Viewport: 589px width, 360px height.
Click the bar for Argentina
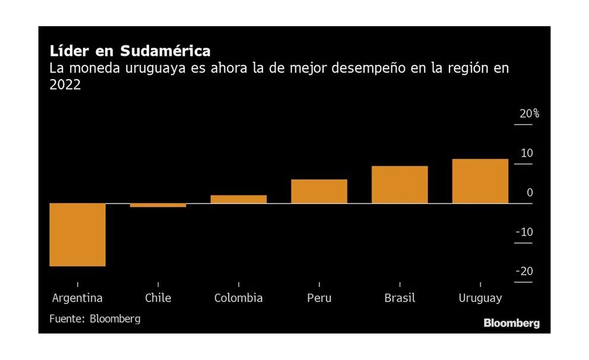point(77,235)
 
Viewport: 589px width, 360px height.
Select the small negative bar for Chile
point(158,206)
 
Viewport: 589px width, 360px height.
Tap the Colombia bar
point(239,200)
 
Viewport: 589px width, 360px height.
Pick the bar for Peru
point(319,191)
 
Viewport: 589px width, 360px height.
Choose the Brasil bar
point(400,185)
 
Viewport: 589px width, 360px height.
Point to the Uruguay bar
point(480,181)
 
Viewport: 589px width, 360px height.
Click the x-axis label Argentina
point(77,298)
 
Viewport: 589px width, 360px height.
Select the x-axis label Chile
point(158,298)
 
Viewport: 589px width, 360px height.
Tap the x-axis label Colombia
point(239,298)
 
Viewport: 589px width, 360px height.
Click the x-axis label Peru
point(319,298)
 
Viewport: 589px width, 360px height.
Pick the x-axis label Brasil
point(400,298)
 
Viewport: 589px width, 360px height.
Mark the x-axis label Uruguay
point(480,298)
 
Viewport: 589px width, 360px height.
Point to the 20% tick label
point(529,113)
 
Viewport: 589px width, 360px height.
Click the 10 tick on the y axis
point(527,153)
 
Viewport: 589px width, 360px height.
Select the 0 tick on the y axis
point(530,192)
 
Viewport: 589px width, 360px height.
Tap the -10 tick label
point(524,232)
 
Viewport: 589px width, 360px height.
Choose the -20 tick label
point(524,271)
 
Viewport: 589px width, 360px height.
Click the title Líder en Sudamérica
point(129,50)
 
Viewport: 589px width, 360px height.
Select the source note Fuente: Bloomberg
point(95,319)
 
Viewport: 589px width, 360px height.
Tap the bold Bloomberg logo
point(511,324)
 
